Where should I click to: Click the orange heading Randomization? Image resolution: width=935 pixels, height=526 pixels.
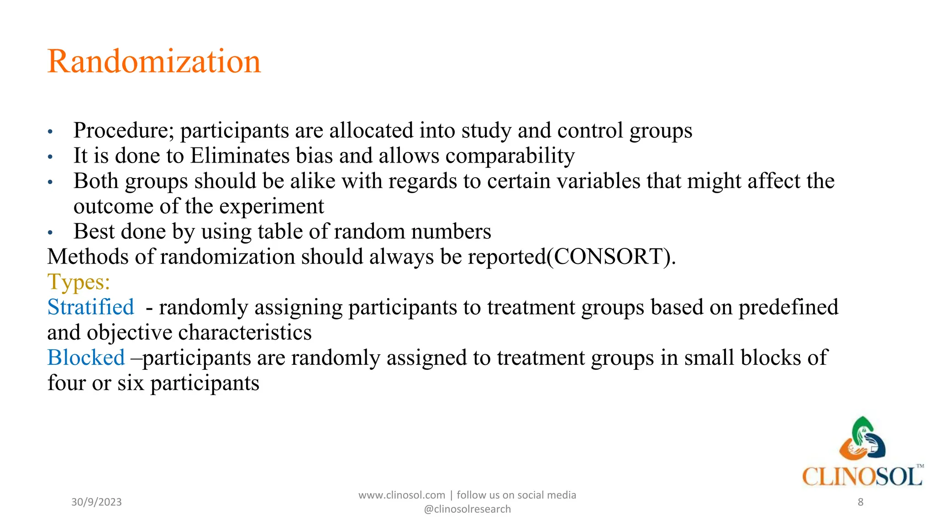[154, 62]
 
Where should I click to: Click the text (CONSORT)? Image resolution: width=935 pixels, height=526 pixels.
[611, 257]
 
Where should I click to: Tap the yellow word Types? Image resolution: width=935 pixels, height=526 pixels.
[79, 282]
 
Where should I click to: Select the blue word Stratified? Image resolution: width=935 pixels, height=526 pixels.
[91, 307]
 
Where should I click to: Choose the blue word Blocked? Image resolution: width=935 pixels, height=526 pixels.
[86, 358]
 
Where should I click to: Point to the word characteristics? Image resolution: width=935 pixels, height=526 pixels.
[245, 333]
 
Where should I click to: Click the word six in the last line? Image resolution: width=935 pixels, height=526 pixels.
[131, 383]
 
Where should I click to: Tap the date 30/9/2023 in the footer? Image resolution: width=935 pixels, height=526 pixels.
[96, 502]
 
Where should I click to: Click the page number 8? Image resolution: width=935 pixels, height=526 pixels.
[861, 502]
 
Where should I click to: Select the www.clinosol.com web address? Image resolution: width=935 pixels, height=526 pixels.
[401, 495]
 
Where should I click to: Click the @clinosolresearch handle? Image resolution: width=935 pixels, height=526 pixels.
[467, 510]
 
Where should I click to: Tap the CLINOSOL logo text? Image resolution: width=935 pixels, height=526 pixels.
[862, 477]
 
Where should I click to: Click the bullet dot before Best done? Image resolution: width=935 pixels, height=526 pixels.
[50, 233]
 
